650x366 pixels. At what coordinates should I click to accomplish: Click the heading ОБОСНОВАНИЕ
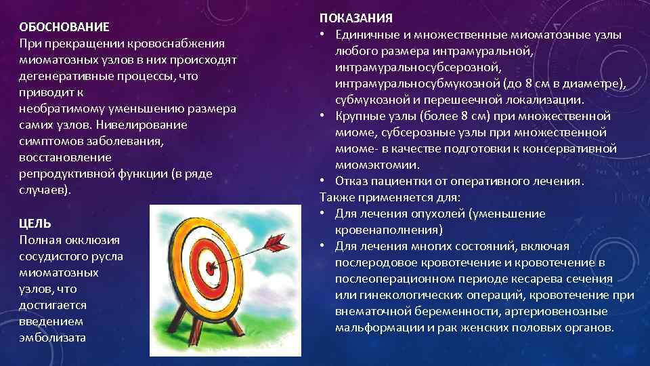[64, 27]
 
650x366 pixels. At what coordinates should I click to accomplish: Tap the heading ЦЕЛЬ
[35, 224]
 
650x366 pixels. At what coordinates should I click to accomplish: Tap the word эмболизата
[53, 338]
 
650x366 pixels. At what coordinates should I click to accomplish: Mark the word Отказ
[351, 181]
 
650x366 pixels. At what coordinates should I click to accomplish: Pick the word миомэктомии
[378, 165]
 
